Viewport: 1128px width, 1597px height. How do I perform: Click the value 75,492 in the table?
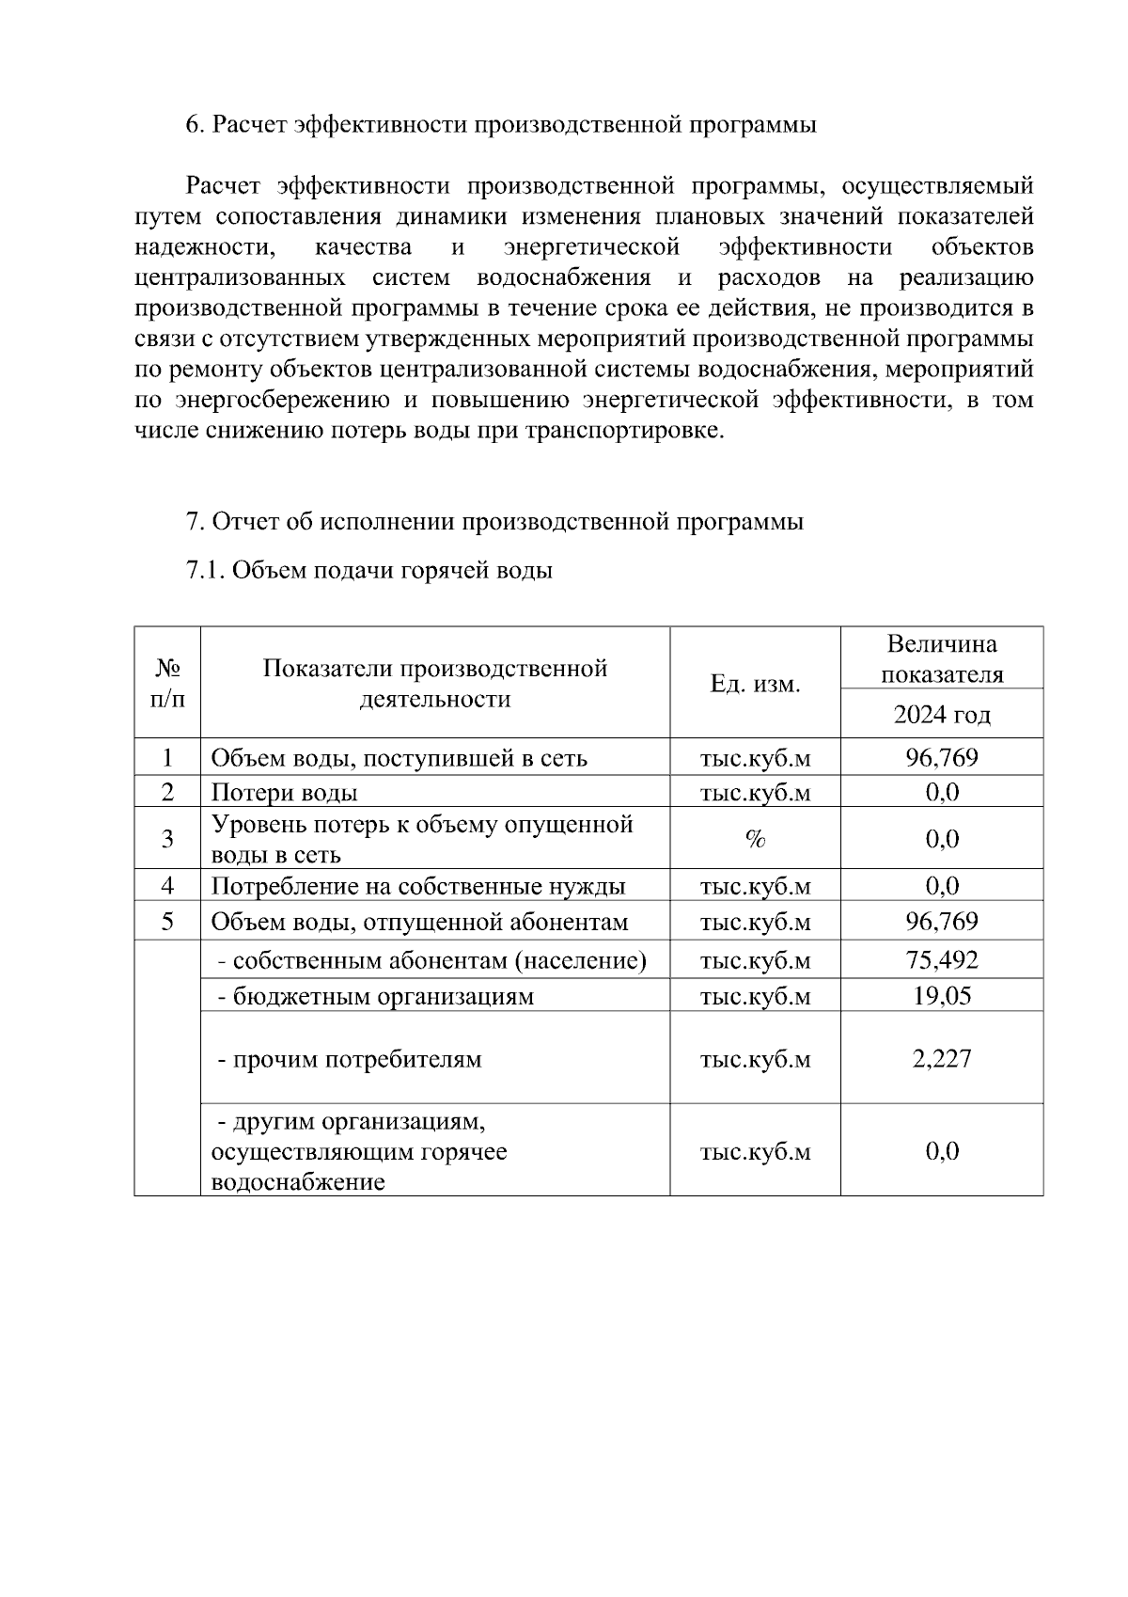tap(941, 960)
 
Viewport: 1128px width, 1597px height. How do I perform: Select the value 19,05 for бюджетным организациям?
tap(941, 995)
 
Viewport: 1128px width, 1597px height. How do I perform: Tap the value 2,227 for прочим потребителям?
tap(941, 1058)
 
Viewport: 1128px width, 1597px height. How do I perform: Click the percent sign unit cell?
tap(755, 839)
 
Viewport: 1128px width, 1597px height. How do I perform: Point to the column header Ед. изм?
tap(755, 684)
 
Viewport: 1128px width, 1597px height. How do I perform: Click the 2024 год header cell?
tap(941, 715)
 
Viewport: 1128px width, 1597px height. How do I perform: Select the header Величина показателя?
tap(941, 658)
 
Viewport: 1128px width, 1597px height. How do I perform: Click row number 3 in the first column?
tap(167, 839)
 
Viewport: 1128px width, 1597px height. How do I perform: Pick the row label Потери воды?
tap(284, 793)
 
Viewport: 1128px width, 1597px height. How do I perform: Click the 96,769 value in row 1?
tap(941, 757)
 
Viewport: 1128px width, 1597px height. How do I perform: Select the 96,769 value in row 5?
tap(941, 921)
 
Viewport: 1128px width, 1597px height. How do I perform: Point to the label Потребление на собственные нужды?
tap(417, 886)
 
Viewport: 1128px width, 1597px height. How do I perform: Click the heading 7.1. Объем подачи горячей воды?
tap(368, 570)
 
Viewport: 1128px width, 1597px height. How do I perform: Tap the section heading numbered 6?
tap(500, 124)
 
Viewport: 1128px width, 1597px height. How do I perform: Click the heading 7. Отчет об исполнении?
tap(494, 521)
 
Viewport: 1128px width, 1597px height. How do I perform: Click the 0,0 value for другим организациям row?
tap(941, 1150)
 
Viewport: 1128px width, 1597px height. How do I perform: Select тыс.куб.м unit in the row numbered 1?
tap(755, 758)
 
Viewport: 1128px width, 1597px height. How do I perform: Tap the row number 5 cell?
tap(167, 921)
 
